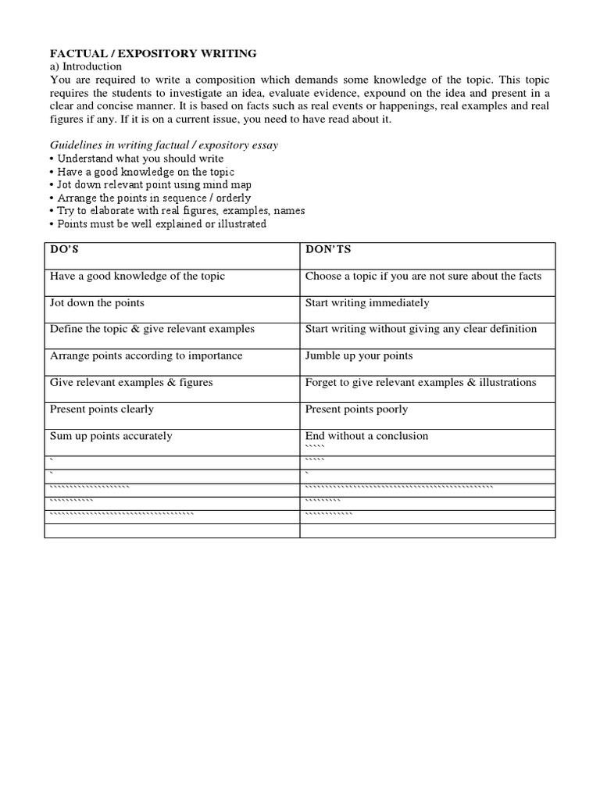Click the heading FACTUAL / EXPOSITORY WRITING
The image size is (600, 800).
coord(153,54)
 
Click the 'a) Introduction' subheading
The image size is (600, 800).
coord(86,66)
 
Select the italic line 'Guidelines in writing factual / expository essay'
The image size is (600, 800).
coord(164,145)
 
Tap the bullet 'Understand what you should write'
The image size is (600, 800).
coord(140,159)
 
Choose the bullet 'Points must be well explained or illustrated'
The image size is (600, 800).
coord(161,224)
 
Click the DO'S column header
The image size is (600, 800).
coord(66,250)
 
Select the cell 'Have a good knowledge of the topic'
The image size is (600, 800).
coord(137,277)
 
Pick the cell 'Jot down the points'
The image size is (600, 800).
coord(97,303)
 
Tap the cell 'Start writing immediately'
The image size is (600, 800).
coord(367,303)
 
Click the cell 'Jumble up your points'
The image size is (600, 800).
coord(359,356)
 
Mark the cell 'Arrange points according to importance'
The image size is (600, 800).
coord(146,356)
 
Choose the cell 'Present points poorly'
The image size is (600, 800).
coord(356,409)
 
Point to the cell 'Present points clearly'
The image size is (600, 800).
coord(102,409)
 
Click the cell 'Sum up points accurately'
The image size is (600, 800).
coord(111,436)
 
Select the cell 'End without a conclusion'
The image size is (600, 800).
coord(366,436)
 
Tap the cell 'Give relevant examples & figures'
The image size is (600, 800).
coord(131,383)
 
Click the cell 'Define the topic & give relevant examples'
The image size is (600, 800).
coord(152,330)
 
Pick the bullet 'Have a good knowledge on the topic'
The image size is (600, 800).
coord(145,172)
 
